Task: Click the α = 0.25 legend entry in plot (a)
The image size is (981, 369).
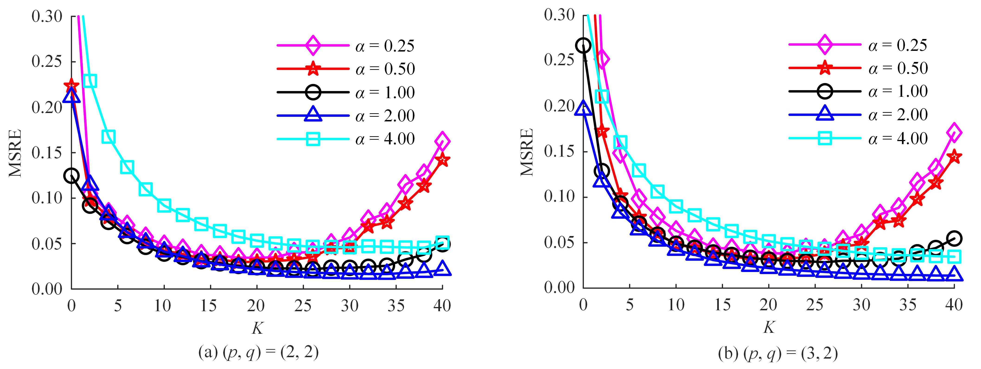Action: tap(385, 46)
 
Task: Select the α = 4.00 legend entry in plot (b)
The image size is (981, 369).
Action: tap(898, 138)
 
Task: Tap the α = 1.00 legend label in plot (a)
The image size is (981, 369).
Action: tap(385, 93)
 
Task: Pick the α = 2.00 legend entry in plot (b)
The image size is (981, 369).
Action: tap(898, 115)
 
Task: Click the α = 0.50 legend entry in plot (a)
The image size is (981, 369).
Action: tap(385, 69)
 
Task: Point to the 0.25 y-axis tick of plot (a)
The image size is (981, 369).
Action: tap(46, 61)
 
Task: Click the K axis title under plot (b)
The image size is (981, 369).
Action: tap(768, 327)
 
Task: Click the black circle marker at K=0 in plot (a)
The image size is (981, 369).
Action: tap(72, 176)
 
